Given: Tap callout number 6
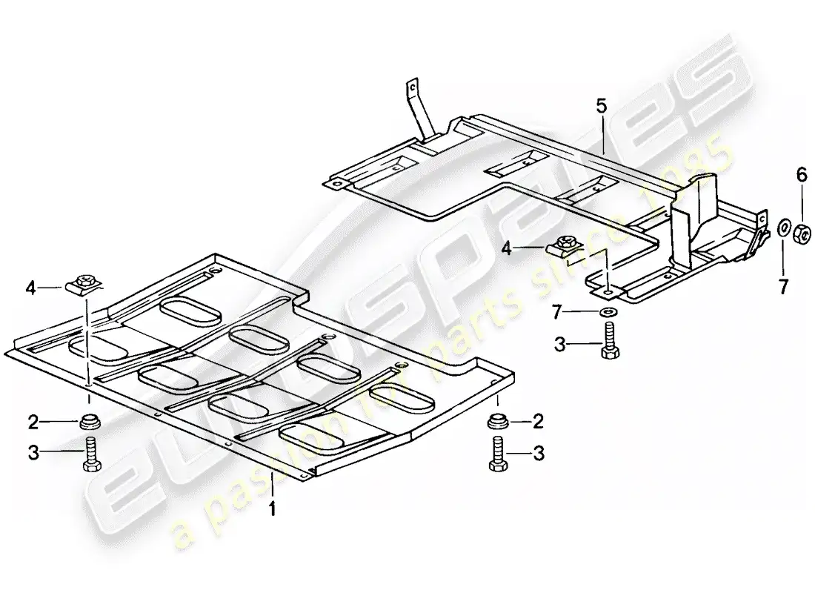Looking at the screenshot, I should pyautogui.click(x=801, y=175).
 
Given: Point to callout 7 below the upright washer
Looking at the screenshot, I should pyautogui.click(x=783, y=285).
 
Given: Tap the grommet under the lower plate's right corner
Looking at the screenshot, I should pyautogui.click(x=497, y=423).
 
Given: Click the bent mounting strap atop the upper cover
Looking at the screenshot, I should pyautogui.click(x=417, y=111).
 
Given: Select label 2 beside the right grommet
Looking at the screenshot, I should pyautogui.click(x=538, y=422).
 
